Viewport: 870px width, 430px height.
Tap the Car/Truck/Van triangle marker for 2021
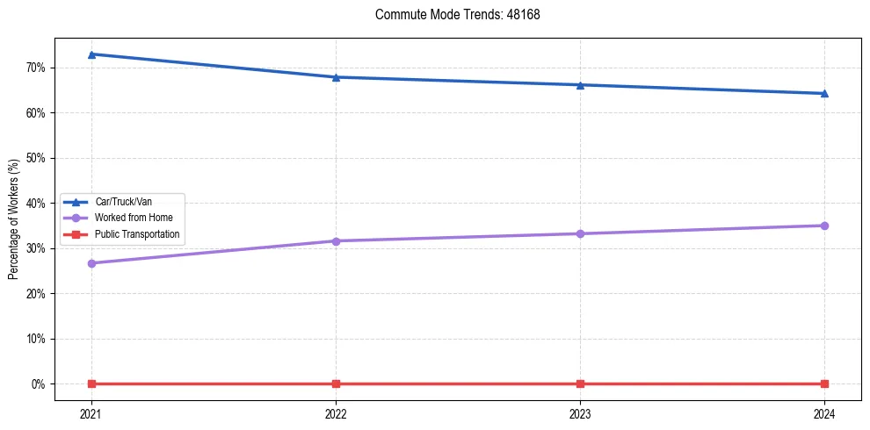(x=91, y=54)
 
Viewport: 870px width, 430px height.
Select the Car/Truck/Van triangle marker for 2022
(x=336, y=77)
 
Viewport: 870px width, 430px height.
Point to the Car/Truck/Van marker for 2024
(x=824, y=93)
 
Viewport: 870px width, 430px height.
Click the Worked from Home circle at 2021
(x=91, y=263)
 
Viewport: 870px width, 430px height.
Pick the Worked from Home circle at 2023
(x=580, y=233)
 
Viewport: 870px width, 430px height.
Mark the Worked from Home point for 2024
(x=824, y=226)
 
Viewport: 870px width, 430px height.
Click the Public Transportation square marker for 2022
(x=336, y=383)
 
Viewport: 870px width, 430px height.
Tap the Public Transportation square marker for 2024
(x=824, y=383)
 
